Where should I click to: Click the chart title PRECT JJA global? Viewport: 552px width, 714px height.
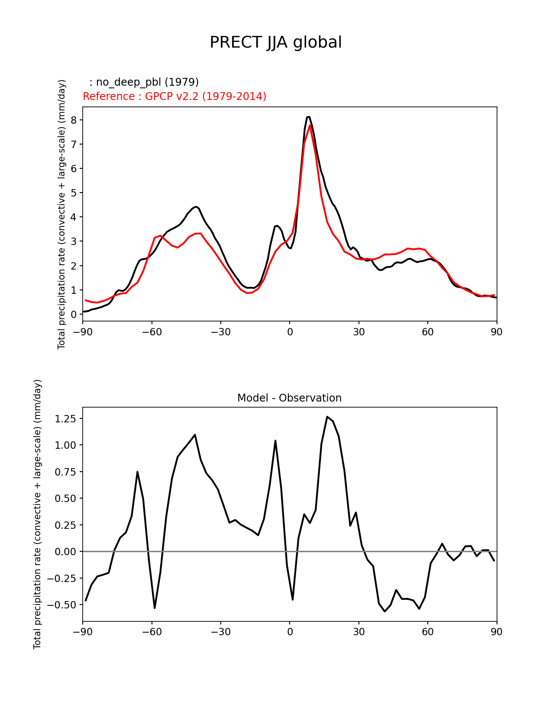tap(276, 42)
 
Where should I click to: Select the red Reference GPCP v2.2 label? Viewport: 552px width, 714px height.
tap(174, 96)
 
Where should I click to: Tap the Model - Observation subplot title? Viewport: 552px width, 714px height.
tap(289, 398)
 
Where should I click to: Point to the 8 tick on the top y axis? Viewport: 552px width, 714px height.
tap(74, 120)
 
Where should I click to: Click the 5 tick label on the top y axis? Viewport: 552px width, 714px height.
tap(74, 193)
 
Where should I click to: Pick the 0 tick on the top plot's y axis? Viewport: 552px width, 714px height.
tap(74, 314)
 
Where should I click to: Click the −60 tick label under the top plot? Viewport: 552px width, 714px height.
tap(152, 332)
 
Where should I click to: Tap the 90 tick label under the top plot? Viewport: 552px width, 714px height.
tap(497, 332)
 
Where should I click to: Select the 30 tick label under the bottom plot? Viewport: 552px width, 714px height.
tap(358, 632)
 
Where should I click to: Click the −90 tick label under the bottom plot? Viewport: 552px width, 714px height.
tap(83, 632)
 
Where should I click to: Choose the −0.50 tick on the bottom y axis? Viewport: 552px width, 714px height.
tap(63, 605)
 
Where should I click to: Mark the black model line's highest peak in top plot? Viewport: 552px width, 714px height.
tap(308, 117)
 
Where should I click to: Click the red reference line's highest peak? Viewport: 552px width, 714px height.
tap(310, 125)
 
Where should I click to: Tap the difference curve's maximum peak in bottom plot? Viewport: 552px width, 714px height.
tap(327, 417)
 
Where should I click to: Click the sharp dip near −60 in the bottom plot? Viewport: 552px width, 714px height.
tap(155, 608)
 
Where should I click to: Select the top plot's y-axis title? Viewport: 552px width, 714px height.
tap(62, 214)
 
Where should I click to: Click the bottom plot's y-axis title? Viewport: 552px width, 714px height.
tap(38, 514)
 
